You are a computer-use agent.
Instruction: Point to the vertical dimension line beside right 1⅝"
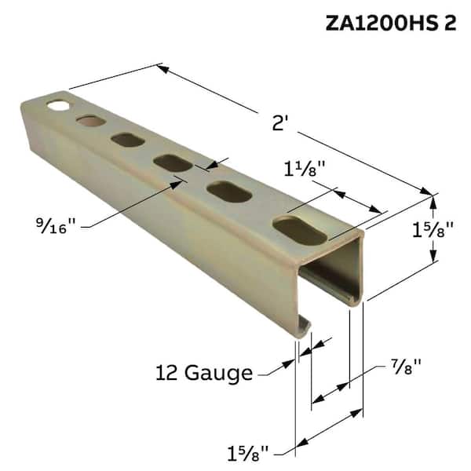click(433, 228)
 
